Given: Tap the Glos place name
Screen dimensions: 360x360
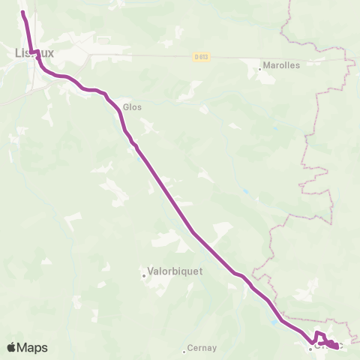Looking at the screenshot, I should [133, 107].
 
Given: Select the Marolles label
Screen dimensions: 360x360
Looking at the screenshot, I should [281, 65].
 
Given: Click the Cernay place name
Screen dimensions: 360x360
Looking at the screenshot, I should [202, 348].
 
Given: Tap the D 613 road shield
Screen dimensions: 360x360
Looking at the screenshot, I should [199, 56].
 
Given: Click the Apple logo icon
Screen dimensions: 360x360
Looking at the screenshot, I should [12, 347].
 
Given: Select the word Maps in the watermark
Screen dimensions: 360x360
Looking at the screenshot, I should [34, 347].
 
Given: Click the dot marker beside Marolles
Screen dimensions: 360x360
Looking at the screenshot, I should [260, 69].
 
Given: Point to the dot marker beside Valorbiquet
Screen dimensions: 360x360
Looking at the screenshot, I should [144, 275].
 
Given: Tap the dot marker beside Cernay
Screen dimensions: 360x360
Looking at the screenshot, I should [184, 350].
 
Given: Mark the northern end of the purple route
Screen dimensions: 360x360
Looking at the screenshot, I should [22, 13].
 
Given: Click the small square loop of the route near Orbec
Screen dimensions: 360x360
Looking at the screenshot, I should [320, 336].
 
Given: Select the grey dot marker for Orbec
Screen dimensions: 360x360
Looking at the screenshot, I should [310, 349].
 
